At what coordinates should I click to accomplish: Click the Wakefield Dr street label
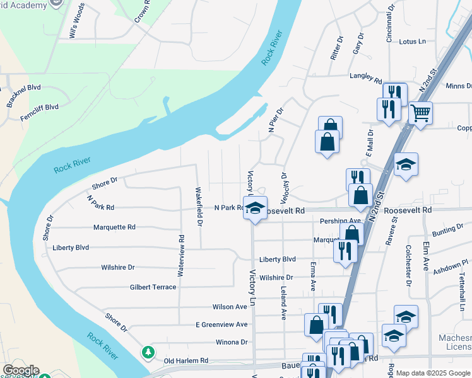199,207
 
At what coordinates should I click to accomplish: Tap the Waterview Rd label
180,256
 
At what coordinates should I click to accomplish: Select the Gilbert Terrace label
153,287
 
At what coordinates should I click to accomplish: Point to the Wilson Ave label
230,307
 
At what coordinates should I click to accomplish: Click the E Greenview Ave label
221,324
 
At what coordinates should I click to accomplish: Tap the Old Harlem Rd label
186,360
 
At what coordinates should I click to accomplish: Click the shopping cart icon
420,113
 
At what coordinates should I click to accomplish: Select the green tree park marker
148,352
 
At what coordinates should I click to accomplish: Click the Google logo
20,370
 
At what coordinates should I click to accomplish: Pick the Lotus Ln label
413,42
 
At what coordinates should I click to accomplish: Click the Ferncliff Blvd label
39,107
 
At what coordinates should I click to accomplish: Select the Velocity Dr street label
283,183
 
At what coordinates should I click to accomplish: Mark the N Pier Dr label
274,119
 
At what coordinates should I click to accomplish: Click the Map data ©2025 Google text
433,373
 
